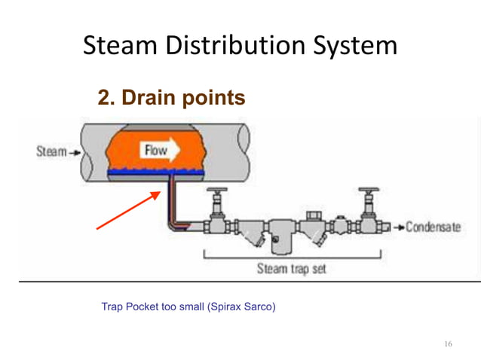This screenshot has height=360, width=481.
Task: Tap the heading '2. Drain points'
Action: tap(171, 98)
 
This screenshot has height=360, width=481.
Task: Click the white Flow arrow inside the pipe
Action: tap(158, 149)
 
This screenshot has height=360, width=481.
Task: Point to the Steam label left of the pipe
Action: tap(51, 151)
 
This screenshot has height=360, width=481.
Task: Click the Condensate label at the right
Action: tap(438, 227)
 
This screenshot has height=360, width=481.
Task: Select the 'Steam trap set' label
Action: tap(292, 269)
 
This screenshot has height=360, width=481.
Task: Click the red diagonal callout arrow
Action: tap(127, 210)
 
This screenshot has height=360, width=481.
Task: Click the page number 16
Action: tap(449, 344)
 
